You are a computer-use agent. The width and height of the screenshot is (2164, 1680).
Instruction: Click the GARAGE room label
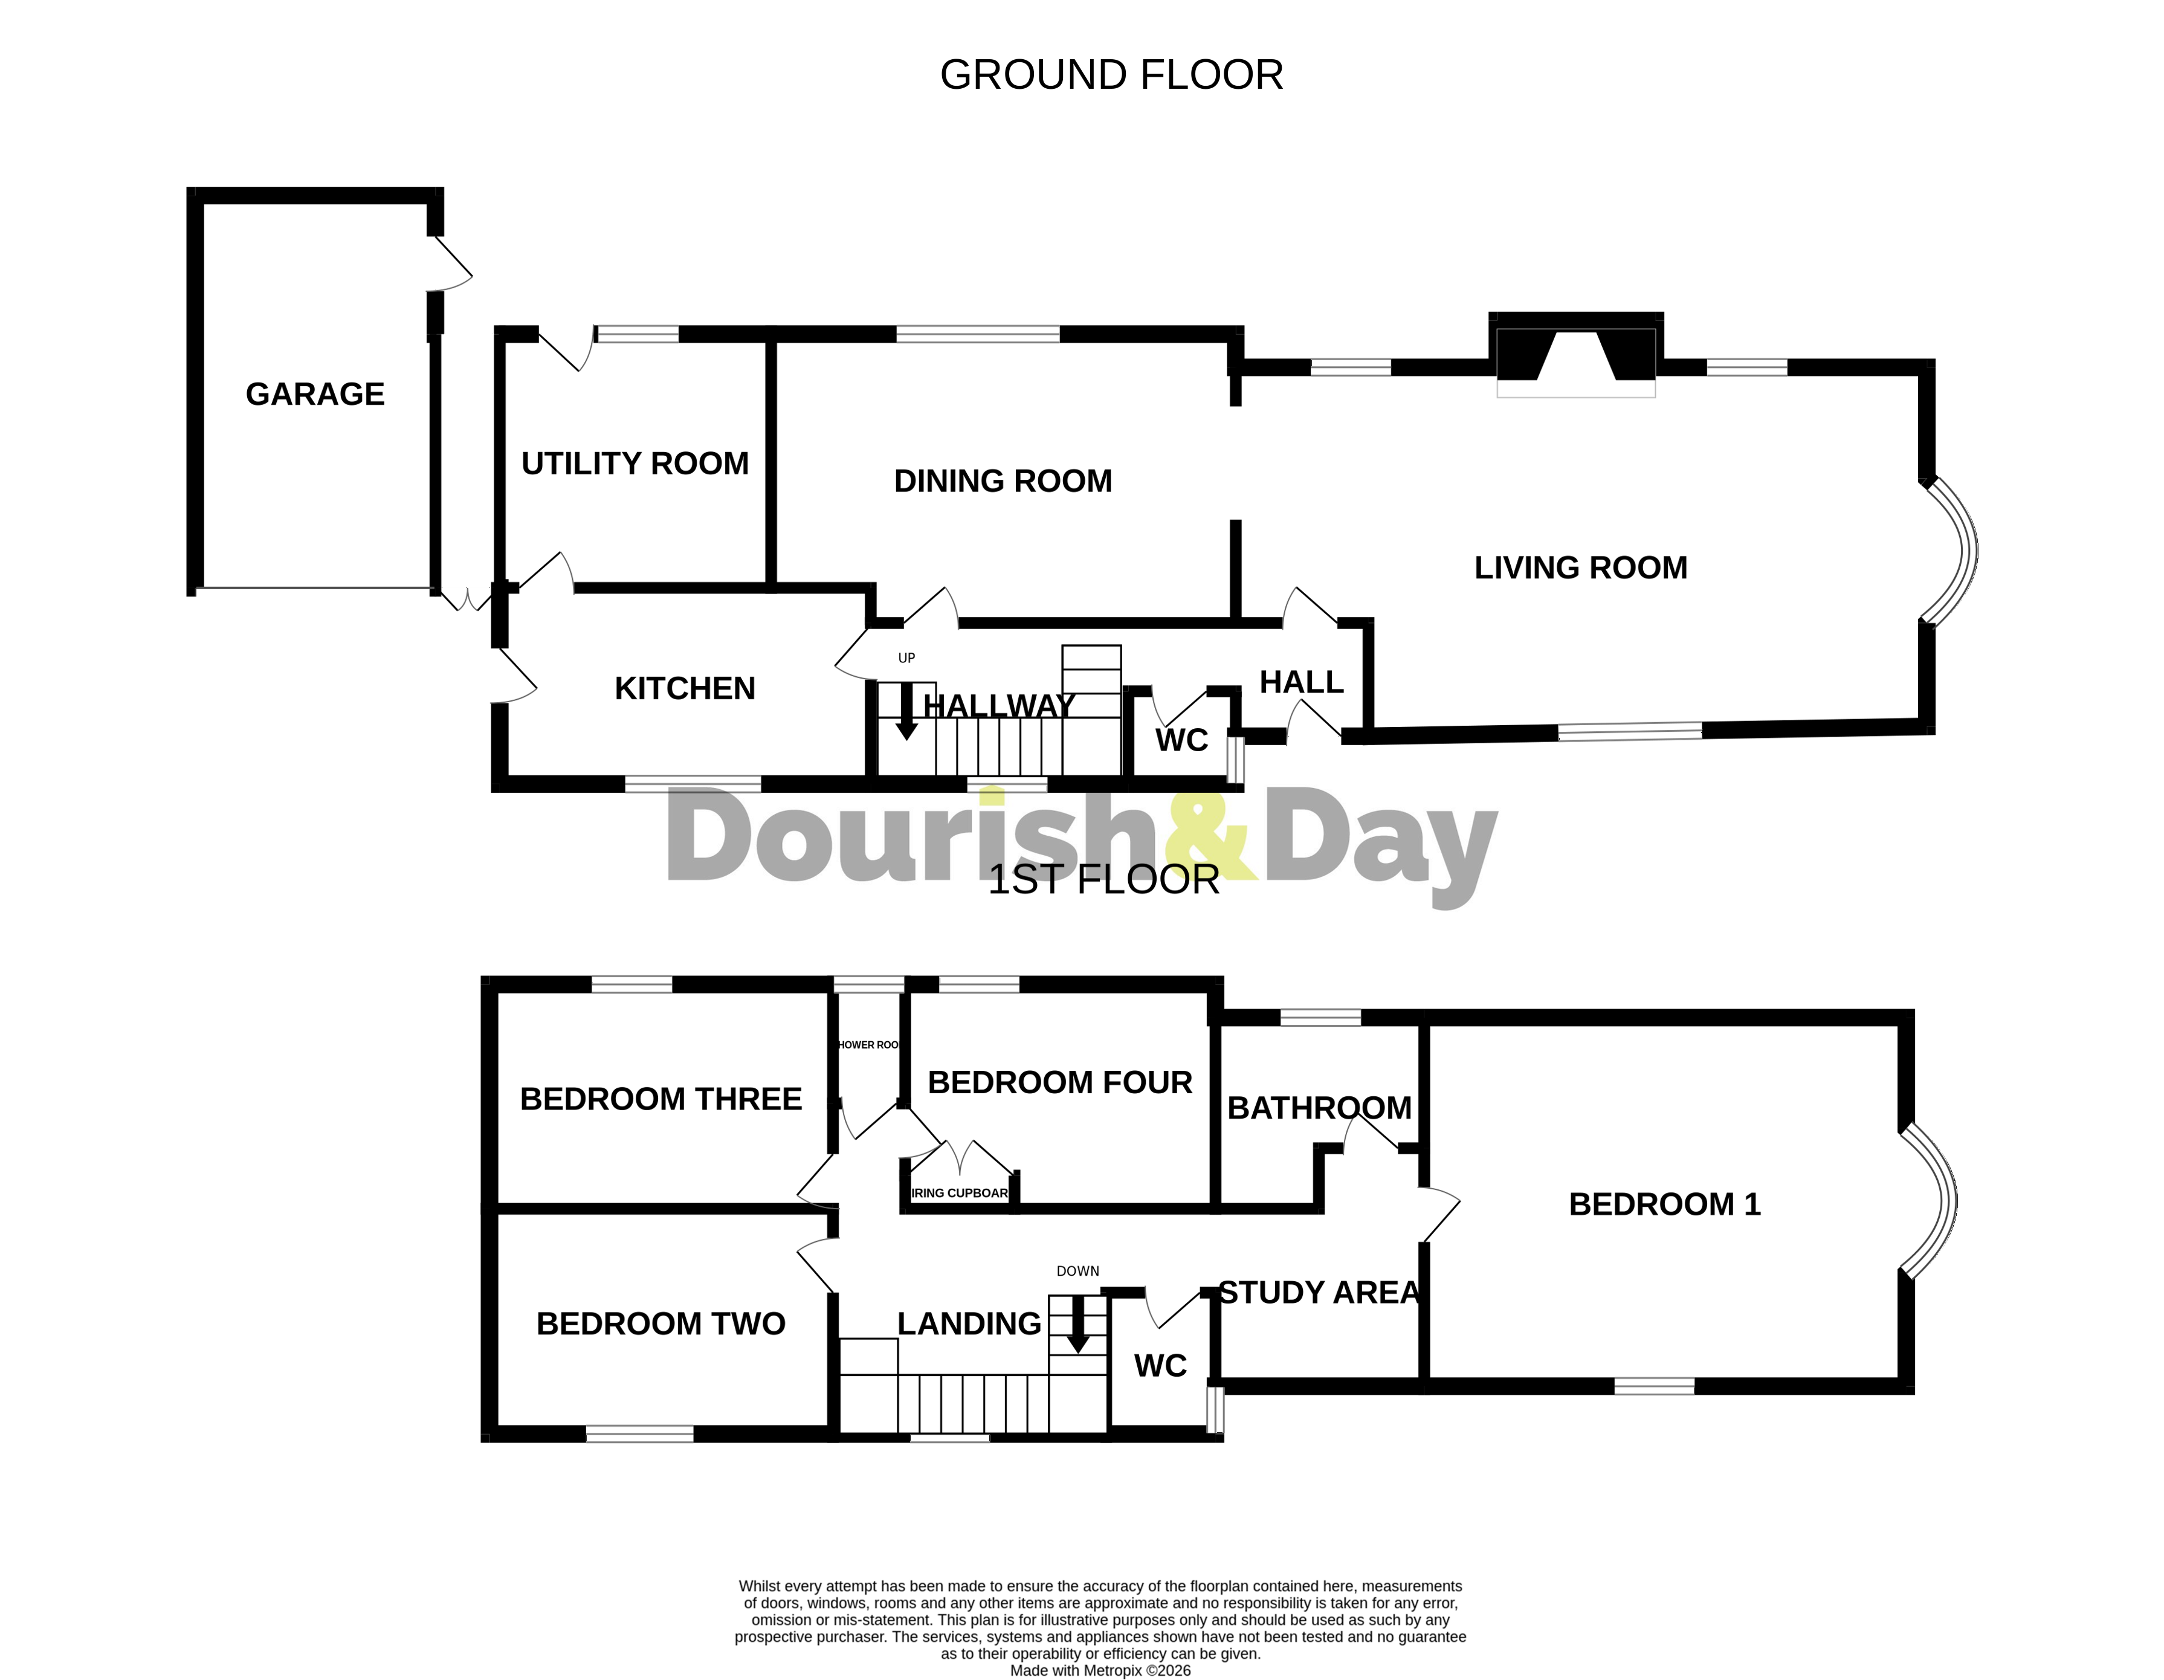click(315, 395)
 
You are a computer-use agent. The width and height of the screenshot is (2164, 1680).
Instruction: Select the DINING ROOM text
click(1003, 482)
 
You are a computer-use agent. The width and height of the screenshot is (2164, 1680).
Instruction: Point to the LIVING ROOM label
click(1580, 568)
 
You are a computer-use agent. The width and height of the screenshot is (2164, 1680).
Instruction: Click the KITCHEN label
click(685, 689)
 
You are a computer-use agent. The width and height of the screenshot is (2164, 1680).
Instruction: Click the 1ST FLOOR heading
click(1103, 880)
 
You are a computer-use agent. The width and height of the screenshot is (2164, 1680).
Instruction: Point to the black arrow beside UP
click(906, 712)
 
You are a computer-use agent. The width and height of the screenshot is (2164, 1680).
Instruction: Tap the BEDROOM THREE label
click(661, 1099)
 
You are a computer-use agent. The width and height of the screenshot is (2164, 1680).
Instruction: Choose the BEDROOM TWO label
click(661, 1324)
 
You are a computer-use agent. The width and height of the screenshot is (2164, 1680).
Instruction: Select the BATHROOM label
click(1319, 1108)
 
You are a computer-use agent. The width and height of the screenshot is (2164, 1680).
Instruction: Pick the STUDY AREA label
click(1319, 1293)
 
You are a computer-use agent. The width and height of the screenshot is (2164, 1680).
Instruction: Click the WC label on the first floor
click(1160, 1366)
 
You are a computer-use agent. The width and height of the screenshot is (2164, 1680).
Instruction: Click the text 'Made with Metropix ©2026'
click(1100, 1670)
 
